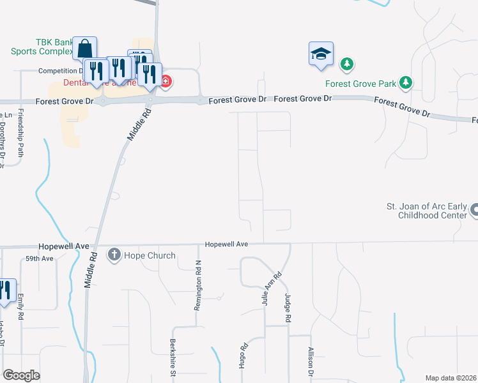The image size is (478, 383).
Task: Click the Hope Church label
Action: coord(150,255)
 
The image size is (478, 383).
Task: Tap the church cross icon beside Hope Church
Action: coord(114,255)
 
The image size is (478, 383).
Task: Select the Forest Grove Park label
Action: coord(360,84)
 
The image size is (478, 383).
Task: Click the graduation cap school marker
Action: coord(321,54)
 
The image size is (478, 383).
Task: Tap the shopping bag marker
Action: coord(84,49)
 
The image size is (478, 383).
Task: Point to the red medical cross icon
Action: coord(166,81)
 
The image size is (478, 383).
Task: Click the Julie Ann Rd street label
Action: coord(271,289)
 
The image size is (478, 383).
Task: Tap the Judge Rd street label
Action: coord(288,308)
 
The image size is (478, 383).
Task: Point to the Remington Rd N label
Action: coord(198,285)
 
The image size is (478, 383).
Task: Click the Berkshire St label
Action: coord(173,359)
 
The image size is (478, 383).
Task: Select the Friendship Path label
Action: coord(21,133)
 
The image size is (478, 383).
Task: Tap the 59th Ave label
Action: coord(40,259)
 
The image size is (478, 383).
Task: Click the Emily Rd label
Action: coord(21,306)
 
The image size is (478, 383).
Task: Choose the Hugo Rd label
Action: coord(244,356)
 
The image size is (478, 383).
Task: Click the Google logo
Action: coord(21,375)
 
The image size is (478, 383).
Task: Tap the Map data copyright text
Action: coord(451,378)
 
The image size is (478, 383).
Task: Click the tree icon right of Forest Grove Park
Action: coord(405,82)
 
